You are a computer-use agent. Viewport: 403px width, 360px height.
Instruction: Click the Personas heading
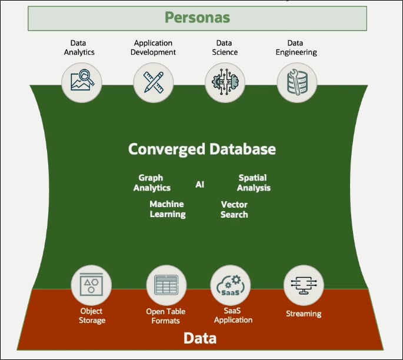(197, 18)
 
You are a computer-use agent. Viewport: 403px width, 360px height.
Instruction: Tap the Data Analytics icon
(82, 82)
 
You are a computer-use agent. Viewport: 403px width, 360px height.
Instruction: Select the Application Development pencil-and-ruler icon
(154, 82)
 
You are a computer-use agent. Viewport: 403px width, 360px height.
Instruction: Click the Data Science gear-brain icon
(225, 82)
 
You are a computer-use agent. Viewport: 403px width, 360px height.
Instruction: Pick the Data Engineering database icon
(297, 82)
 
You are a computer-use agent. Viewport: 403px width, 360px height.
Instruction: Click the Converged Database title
(202, 149)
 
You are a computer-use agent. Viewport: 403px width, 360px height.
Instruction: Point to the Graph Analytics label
(152, 182)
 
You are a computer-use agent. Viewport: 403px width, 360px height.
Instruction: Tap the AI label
(200, 184)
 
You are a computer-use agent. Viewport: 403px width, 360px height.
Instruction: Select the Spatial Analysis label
(254, 182)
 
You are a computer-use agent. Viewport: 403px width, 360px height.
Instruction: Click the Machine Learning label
(167, 209)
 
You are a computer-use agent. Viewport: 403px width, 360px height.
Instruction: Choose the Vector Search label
(234, 209)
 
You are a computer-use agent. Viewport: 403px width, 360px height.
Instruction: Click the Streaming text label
(304, 314)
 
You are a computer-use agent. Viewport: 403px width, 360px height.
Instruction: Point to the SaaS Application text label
(233, 315)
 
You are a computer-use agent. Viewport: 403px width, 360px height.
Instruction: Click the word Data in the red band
(200, 338)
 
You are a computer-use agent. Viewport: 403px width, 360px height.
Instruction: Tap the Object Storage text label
(92, 315)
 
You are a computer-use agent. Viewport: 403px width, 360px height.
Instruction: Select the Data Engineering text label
(297, 48)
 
